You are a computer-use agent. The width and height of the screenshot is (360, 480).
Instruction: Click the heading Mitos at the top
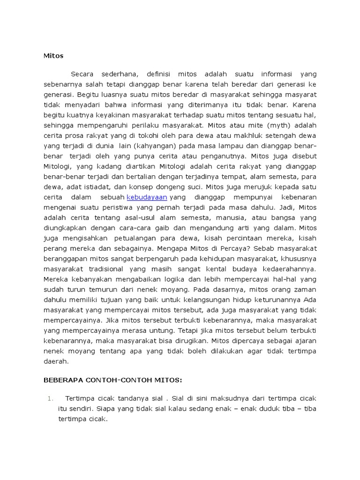coord(53,56)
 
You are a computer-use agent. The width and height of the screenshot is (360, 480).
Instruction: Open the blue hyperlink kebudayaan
coord(147,197)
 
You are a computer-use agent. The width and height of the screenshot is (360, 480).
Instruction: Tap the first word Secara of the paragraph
coord(82,74)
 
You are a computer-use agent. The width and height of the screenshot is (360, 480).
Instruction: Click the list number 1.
coord(51,398)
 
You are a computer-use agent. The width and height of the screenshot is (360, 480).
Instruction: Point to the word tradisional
coord(102,269)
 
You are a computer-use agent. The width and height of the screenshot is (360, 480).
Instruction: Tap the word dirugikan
coord(189,341)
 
